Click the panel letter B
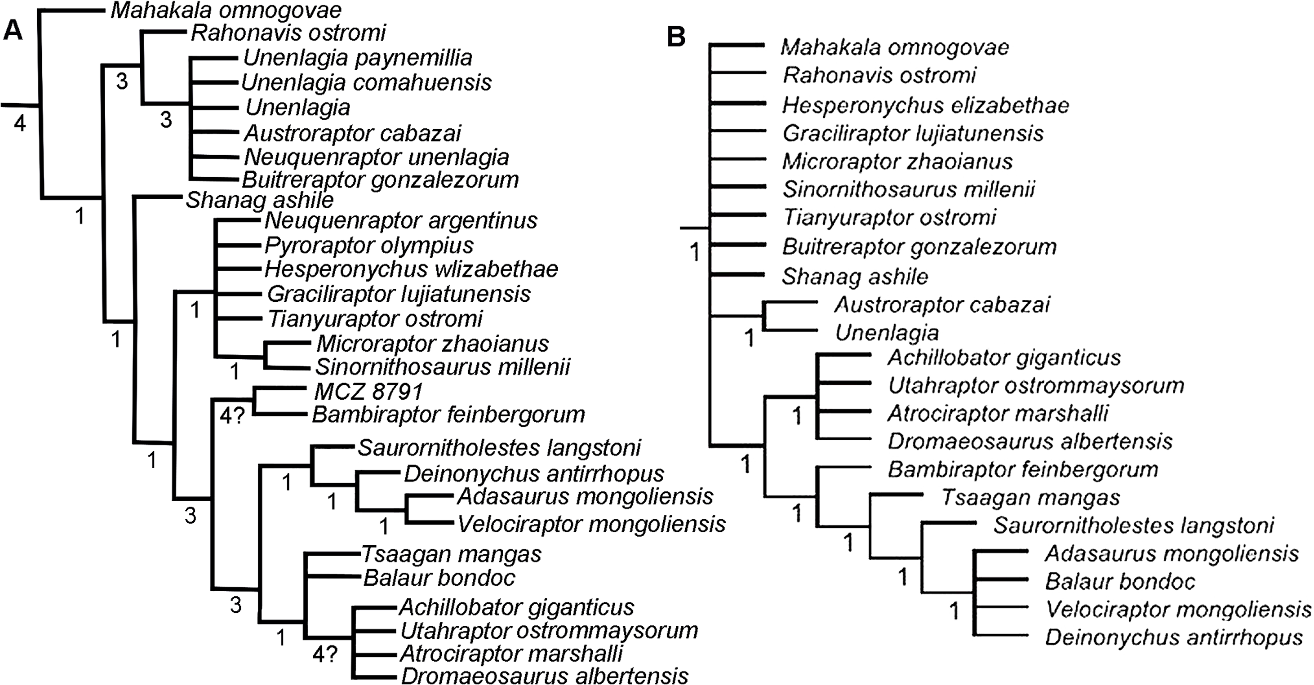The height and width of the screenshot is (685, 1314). tap(676, 37)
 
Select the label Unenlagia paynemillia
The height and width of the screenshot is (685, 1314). tap(357, 58)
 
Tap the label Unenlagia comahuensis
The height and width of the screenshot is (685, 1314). tap(366, 82)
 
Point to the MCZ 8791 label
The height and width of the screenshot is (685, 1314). tap(368, 392)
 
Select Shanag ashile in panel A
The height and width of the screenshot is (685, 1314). tap(259, 200)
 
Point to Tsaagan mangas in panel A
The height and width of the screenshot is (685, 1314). tap(451, 554)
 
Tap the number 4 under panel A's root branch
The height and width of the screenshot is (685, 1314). tap(19, 123)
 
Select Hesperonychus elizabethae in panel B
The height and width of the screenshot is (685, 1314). tap(925, 106)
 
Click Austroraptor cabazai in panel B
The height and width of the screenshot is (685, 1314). tap(942, 305)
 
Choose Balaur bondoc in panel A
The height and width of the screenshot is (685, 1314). tap(439, 578)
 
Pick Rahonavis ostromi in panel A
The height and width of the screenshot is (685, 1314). tap(288, 33)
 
